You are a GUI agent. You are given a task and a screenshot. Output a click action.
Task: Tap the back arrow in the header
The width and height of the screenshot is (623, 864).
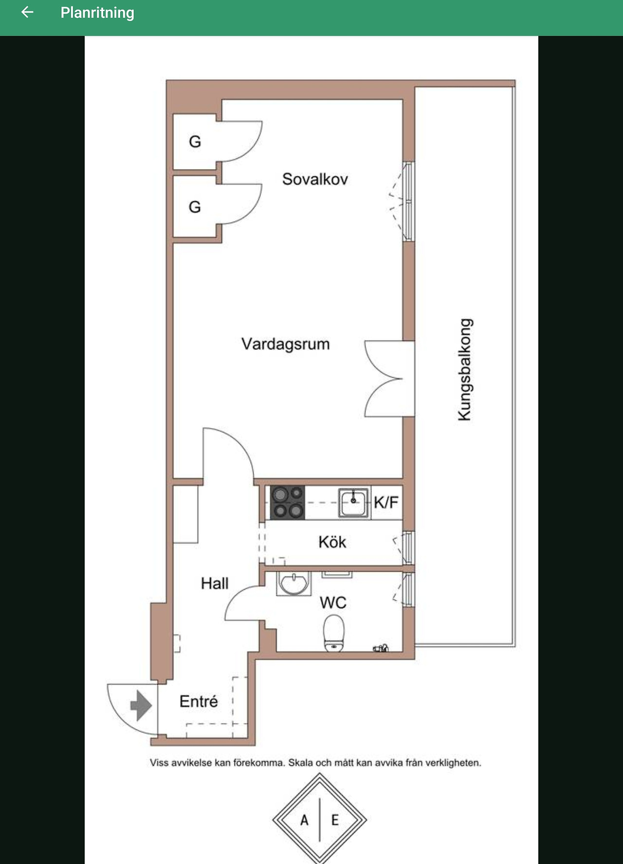tap(27, 12)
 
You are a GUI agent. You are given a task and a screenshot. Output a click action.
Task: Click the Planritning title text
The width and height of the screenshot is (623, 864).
tap(97, 13)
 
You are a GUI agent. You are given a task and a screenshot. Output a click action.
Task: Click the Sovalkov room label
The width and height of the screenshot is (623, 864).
tap(315, 179)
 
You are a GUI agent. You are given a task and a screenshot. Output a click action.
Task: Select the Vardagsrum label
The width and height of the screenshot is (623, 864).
tap(285, 344)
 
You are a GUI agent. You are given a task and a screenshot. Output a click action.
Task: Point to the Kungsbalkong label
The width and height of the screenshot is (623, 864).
tap(465, 369)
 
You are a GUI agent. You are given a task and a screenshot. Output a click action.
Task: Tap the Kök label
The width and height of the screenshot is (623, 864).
tap(332, 542)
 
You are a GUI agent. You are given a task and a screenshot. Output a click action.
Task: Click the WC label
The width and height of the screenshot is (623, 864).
tap(333, 603)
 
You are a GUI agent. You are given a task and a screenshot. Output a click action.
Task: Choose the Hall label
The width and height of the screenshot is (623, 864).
tap(215, 583)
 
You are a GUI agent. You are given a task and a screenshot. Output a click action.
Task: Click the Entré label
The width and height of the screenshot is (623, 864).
tap(199, 701)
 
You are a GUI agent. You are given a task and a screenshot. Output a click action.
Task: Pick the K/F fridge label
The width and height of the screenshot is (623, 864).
tap(386, 502)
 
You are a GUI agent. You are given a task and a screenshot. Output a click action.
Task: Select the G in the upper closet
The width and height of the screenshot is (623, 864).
tap(195, 142)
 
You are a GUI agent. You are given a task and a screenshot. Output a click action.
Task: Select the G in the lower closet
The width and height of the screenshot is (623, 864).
tap(195, 207)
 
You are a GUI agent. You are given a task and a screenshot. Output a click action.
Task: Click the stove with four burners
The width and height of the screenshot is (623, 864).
tap(287, 502)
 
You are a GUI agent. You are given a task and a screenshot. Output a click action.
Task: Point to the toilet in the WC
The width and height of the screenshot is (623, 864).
tap(334, 633)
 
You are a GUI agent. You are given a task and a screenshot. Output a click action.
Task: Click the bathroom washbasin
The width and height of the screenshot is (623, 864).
tap(293, 583)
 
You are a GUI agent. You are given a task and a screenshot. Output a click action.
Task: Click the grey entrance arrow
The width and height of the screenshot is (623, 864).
tap(141, 705)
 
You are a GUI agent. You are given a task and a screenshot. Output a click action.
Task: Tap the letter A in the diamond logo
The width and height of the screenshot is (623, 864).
tap(304, 820)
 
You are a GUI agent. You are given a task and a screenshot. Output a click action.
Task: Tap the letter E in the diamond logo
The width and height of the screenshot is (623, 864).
tap(335, 820)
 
